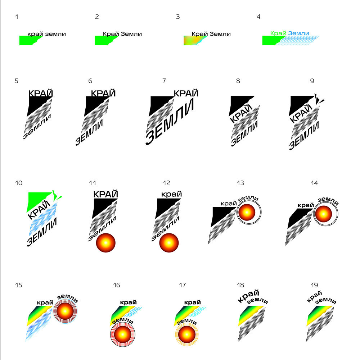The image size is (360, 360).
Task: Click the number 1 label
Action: tap(17, 17)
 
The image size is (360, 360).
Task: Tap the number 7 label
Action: tap(164, 81)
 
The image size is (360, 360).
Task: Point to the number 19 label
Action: tap(314, 285)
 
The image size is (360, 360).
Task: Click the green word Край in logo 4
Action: tap(278, 33)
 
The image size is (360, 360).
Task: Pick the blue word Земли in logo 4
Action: tap(299, 33)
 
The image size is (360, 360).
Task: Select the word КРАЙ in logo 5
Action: tap(41, 93)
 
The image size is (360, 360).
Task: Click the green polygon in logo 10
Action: tap(36, 201)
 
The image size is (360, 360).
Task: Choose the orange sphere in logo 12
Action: tap(169, 243)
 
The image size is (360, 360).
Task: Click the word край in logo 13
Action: tap(228, 204)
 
